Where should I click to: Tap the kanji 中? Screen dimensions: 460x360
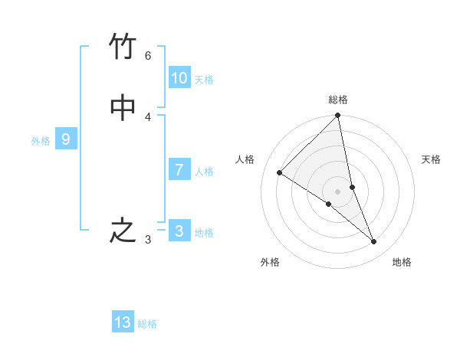[123, 108]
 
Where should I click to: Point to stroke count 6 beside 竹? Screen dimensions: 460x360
[148, 56]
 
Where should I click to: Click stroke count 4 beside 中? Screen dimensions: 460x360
[148, 116]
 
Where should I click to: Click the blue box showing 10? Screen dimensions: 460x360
[179, 78]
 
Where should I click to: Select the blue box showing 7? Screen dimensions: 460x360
[179, 170]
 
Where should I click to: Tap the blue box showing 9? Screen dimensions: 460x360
[66, 139]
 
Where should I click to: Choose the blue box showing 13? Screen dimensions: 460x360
[123, 322]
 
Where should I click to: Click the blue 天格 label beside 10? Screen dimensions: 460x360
[204, 80]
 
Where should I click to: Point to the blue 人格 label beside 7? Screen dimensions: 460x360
[204, 172]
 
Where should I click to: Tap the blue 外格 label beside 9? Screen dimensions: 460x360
[41, 141]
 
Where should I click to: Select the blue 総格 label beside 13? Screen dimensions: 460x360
[147, 324]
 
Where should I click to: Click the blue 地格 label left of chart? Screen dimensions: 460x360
[204, 233]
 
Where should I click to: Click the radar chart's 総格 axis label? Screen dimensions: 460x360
[338, 100]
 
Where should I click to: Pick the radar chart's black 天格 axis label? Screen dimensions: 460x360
[431, 159]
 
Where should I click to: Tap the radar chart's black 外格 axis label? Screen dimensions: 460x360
[270, 262]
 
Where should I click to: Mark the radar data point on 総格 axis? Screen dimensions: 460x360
[338, 116]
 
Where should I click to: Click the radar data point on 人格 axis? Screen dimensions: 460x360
[280, 173]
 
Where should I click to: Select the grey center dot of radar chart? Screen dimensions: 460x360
[338, 191]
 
